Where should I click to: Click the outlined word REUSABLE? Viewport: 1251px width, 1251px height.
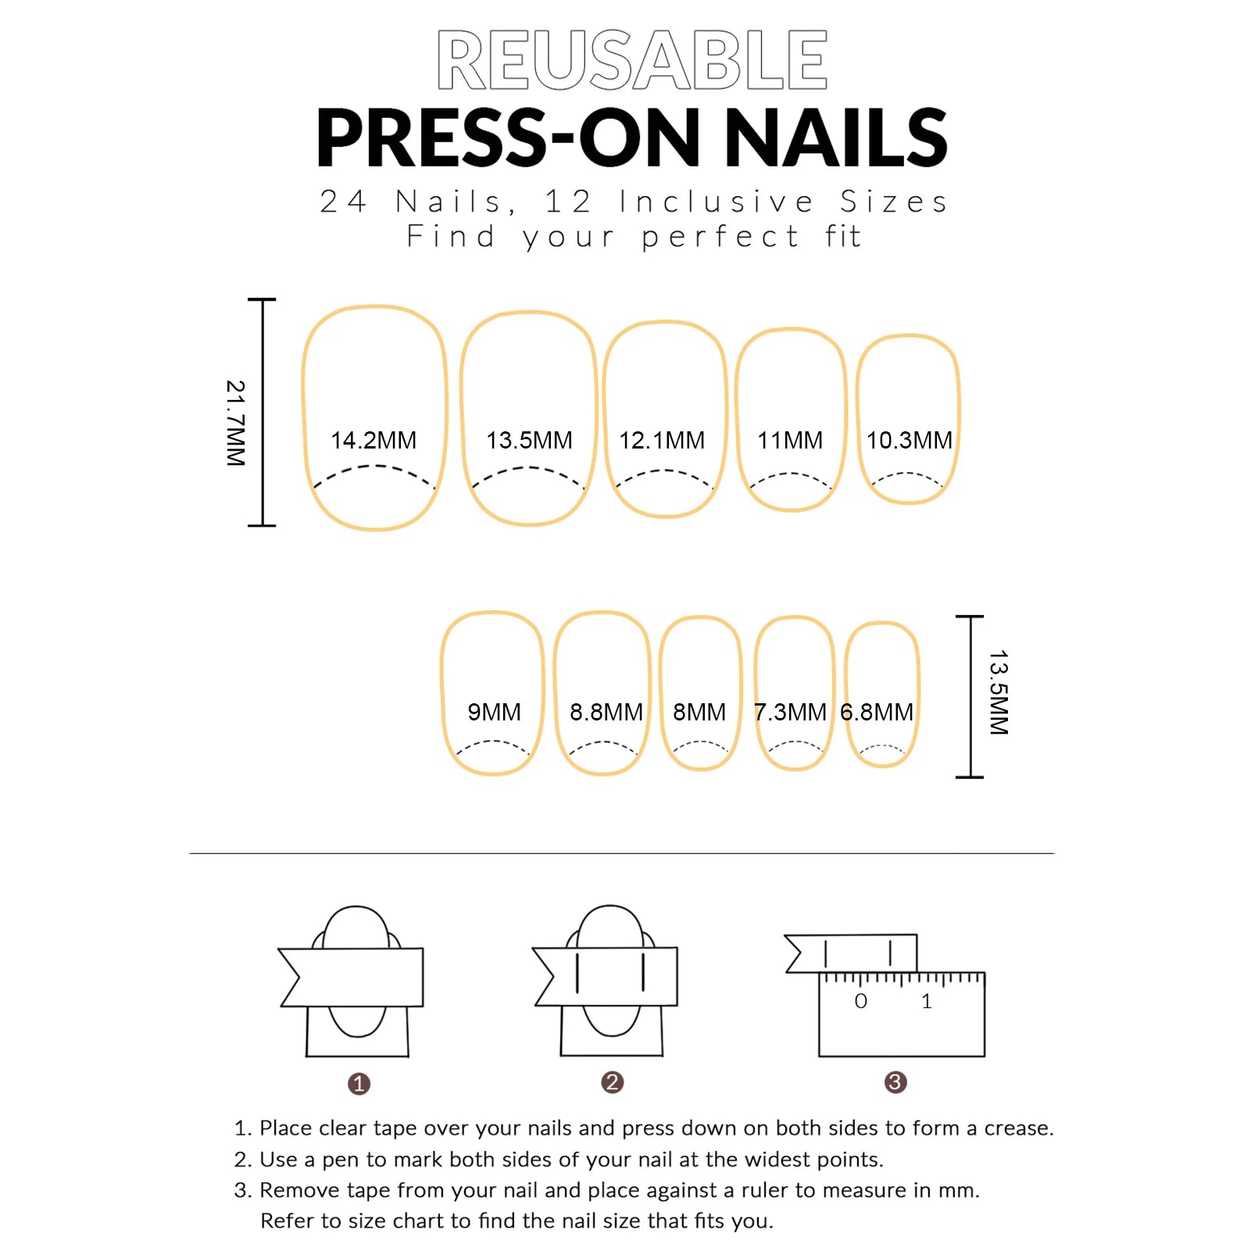(x=631, y=60)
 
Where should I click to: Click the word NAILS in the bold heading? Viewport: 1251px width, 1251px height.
(x=836, y=138)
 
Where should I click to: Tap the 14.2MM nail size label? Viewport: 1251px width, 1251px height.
(x=374, y=441)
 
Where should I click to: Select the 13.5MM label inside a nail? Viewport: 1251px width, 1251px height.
(x=529, y=441)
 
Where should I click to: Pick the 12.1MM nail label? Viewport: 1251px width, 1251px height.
(x=662, y=441)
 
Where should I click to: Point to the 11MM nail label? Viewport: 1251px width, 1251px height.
(x=790, y=441)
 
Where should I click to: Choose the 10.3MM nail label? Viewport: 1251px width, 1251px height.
(x=909, y=441)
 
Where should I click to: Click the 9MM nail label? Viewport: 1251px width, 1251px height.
(x=494, y=713)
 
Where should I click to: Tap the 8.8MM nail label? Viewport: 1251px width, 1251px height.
(x=606, y=713)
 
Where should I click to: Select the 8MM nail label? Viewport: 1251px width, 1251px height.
(x=699, y=713)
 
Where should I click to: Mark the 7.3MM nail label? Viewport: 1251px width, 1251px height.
(x=789, y=713)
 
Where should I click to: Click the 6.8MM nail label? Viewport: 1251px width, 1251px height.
(x=877, y=713)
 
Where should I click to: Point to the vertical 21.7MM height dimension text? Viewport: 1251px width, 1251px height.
(x=235, y=424)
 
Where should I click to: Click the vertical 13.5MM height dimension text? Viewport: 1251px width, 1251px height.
(x=999, y=692)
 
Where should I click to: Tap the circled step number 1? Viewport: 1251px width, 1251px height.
(x=359, y=1084)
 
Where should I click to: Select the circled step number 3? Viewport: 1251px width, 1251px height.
(x=895, y=1082)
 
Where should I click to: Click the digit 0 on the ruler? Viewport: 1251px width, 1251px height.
(x=860, y=1002)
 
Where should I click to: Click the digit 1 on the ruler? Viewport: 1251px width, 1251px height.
(x=927, y=1002)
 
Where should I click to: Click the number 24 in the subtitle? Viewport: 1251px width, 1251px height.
(x=343, y=202)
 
